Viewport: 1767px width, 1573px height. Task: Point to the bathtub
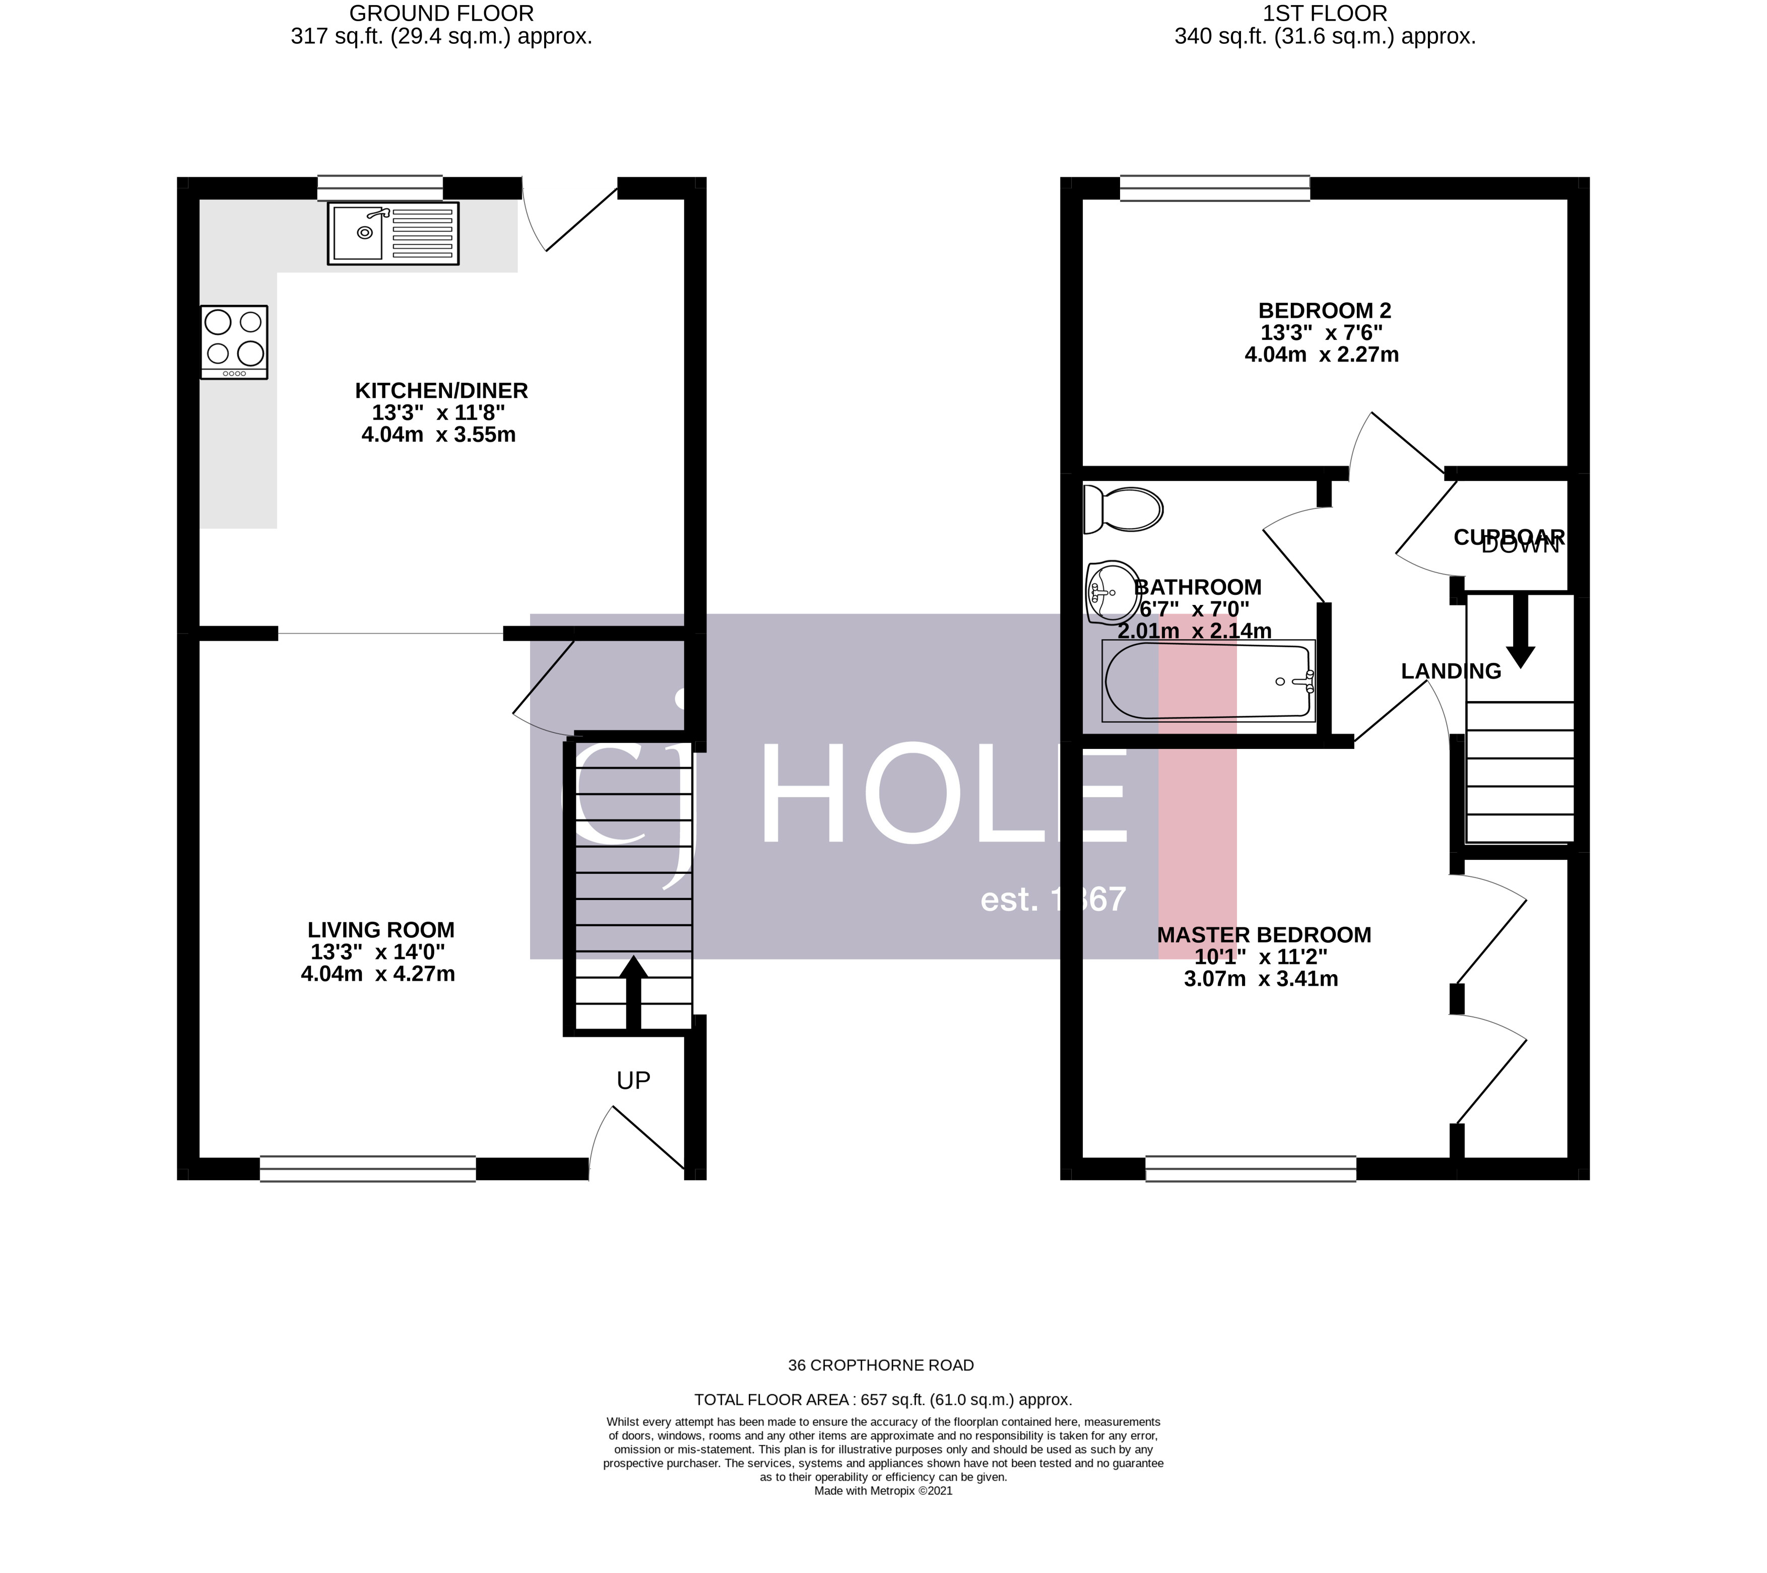coord(1208,681)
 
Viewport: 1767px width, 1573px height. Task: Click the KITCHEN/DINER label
coord(441,391)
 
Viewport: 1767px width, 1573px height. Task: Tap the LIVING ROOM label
coord(380,930)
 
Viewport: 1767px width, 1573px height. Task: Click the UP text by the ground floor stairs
coord(633,1080)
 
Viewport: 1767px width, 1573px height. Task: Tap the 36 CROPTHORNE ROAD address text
coord(880,1365)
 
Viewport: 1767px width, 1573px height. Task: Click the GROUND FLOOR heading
coord(441,14)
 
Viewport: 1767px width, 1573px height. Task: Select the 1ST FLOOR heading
coord(1325,14)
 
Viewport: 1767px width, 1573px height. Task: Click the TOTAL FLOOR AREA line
coord(883,1399)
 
